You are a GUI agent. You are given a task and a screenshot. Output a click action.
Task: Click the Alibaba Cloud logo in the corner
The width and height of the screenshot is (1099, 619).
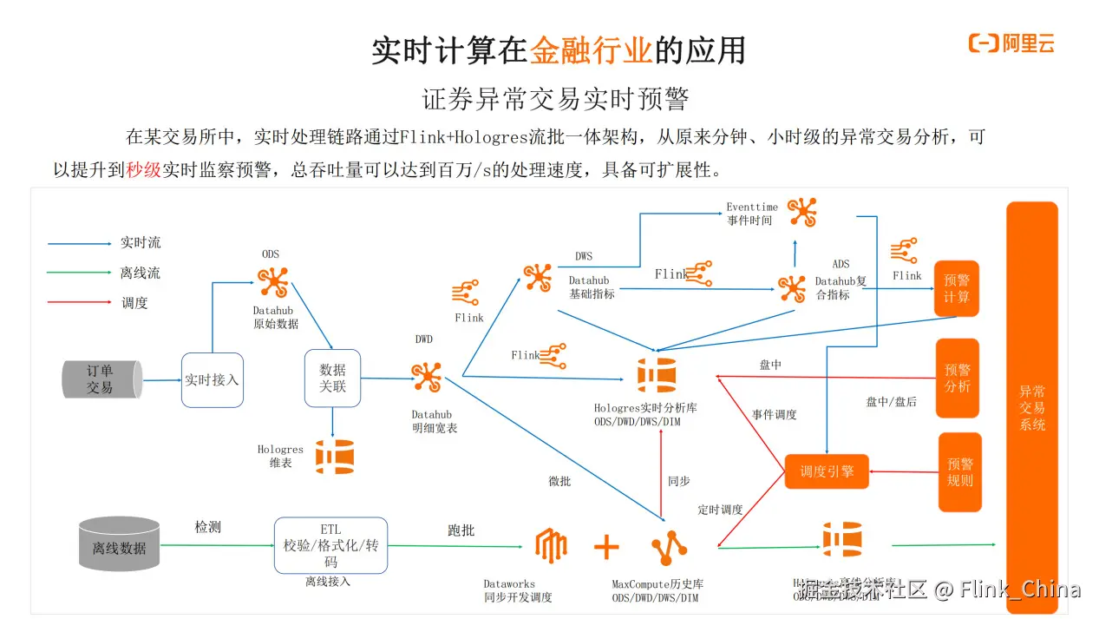coord(1011,43)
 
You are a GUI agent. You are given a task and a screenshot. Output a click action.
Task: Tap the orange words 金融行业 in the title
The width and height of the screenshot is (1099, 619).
coord(591,50)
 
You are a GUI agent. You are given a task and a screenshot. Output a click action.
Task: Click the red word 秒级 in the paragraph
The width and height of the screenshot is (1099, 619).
coord(144,170)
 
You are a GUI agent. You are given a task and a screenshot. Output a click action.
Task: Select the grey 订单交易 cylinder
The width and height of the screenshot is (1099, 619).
coord(101,379)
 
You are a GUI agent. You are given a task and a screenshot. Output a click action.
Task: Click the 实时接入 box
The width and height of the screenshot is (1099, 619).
coord(212,379)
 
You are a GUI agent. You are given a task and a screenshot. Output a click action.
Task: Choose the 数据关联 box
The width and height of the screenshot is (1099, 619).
coord(332,379)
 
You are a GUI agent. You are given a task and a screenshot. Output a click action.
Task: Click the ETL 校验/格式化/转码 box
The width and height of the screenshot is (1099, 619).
coord(330,545)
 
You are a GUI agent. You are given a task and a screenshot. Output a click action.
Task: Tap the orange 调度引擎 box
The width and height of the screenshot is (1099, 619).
coord(826,471)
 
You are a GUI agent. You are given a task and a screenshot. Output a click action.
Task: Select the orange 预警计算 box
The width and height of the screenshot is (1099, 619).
coord(956,289)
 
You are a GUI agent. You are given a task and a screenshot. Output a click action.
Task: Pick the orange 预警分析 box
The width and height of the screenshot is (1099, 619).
coord(957,378)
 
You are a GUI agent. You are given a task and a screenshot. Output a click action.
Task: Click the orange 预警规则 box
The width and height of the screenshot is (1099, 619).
coord(959,471)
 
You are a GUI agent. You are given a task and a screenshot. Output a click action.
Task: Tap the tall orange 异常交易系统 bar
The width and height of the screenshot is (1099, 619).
coord(1031,408)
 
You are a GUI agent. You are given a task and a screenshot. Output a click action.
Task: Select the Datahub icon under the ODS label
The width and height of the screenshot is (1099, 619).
coord(274,282)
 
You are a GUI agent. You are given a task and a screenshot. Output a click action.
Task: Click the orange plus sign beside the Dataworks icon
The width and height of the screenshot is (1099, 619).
coord(606,547)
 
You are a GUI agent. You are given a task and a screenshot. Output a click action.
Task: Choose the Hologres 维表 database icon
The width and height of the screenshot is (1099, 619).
coord(334,456)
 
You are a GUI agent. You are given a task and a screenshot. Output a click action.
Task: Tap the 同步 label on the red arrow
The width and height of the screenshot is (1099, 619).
coord(678,481)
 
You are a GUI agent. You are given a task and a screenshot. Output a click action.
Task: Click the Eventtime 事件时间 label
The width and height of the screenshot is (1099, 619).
coord(751,214)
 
